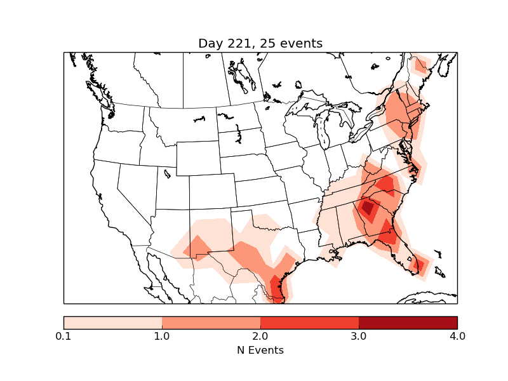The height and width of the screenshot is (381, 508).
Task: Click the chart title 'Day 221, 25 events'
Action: (260, 44)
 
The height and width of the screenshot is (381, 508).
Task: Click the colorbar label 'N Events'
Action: (260, 350)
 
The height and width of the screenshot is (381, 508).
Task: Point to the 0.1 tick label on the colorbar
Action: (63, 336)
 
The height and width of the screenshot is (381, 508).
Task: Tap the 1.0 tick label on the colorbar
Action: (162, 336)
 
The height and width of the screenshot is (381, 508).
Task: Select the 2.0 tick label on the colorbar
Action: (260, 336)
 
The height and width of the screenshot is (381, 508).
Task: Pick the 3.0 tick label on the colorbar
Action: (359, 336)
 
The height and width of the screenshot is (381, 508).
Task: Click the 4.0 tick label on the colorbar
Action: (457, 336)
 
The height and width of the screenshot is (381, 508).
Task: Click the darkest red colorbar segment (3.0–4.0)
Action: (408, 323)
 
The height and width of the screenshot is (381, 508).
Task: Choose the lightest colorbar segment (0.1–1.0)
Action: (113, 323)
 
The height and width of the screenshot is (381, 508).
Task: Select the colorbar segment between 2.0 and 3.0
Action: (310, 323)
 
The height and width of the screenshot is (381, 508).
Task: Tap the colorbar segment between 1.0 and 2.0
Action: (211, 323)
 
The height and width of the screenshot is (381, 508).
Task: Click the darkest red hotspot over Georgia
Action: (367, 207)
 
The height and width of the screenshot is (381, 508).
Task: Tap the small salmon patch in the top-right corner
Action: (420, 65)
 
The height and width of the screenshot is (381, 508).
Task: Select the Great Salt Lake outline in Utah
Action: (167, 173)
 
